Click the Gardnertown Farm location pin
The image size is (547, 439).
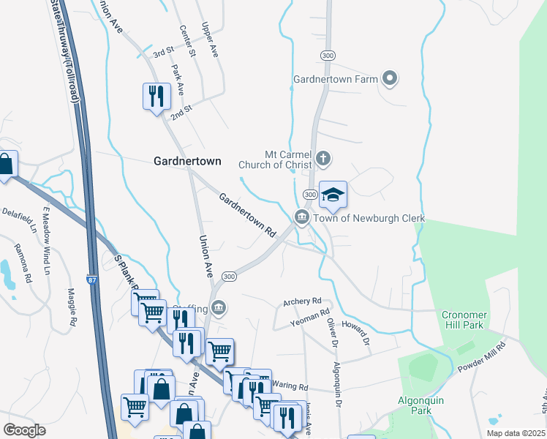click(x=389, y=78)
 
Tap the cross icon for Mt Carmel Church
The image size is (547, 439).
click(x=323, y=158)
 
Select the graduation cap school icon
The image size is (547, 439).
click(x=333, y=195)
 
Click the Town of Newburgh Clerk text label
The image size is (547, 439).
click(x=369, y=218)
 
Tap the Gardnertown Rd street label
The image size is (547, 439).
click(x=247, y=215)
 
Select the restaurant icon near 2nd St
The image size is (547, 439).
click(x=155, y=96)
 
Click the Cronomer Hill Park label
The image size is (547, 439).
click(x=463, y=320)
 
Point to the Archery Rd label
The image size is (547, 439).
click(x=302, y=301)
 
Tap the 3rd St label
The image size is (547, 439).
click(x=162, y=53)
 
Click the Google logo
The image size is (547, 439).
click(x=24, y=430)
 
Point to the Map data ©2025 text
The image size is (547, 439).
click(x=516, y=433)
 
